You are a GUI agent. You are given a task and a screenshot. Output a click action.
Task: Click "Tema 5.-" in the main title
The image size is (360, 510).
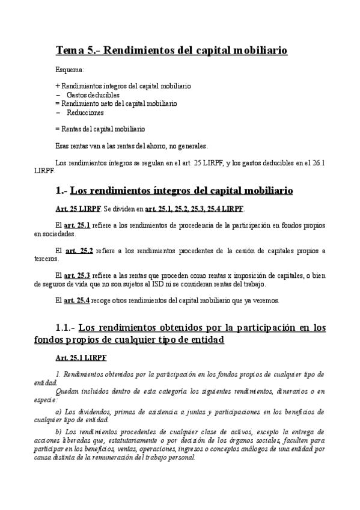[x=78, y=50]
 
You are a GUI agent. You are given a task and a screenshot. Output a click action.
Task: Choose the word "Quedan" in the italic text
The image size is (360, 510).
[x=68, y=391]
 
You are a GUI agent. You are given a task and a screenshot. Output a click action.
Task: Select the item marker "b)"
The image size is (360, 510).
[x=58, y=432]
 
